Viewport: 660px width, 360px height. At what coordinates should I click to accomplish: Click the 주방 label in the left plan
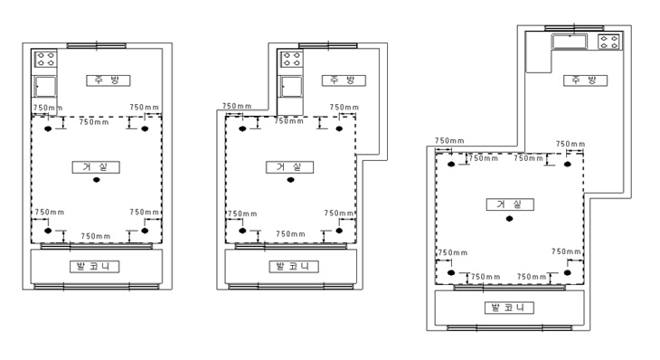click(x=108, y=81)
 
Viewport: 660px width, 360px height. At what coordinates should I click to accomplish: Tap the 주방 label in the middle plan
click(x=344, y=81)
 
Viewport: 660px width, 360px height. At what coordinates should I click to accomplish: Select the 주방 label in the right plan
click(x=586, y=81)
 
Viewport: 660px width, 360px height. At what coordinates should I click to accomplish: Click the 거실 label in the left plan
click(x=96, y=167)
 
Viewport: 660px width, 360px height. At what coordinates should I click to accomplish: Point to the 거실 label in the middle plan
click(x=289, y=167)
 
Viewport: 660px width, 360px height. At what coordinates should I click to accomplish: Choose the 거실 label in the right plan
click(x=510, y=204)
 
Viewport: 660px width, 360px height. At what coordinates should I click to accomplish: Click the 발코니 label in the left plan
click(x=94, y=267)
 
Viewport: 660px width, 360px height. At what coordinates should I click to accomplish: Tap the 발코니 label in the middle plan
click(x=294, y=267)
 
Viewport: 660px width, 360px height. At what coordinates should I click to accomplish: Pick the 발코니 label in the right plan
click(x=509, y=308)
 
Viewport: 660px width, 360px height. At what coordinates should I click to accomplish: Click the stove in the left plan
click(x=45, y=59)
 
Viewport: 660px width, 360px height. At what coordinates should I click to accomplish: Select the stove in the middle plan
click(x=291, y=59)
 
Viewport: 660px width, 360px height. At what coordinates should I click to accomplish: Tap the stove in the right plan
click(x=609, y=42)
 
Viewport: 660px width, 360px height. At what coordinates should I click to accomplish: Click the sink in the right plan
click(x=570, y=42)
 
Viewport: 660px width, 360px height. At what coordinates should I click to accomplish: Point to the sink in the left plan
click(x=45, y=87)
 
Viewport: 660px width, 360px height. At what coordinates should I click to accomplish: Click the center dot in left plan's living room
click(x=97, y=180)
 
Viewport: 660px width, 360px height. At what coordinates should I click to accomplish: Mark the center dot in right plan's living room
click(x=509, y=219)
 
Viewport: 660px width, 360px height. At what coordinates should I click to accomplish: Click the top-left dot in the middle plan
click(x=242, y=128)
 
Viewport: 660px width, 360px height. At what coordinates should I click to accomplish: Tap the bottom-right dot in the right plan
click(x=568, y=273)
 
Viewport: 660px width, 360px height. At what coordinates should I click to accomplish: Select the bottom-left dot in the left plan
click(x=48, y=231)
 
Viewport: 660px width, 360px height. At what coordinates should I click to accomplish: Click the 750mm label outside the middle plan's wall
click(x=237, y=106)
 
